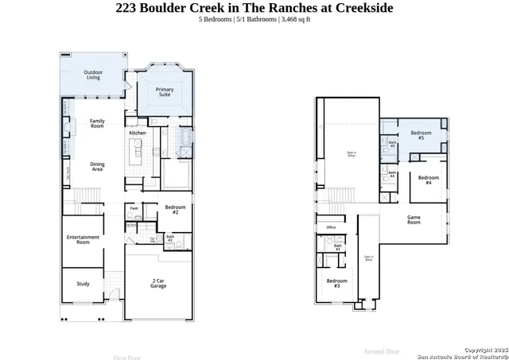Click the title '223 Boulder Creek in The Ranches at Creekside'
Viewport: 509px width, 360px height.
click(x=254, y=8)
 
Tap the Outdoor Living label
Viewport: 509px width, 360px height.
click(x=93, y=75)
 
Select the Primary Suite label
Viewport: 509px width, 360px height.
click(x=165, y=92)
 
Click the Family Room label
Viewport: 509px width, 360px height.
click(x=97, y=123)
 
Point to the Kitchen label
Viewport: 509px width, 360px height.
click(x=138, y=133)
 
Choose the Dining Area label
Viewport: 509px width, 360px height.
click(x=97, y=167)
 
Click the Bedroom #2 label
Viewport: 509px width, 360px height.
click(x=175, y=210)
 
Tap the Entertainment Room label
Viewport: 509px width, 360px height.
click(x=83, y=239)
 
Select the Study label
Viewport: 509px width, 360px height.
click(x=83, y=284)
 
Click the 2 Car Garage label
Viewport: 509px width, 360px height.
click(x=158, y=284)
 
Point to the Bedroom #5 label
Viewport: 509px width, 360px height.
click(x=421, y=135)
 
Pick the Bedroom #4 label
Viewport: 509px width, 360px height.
click(x=429, y=180)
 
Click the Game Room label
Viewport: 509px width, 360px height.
click(x=414, y=219)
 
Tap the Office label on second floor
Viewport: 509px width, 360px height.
click(x=331, y=227)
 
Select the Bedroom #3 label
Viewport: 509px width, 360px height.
click(x=336, y=283)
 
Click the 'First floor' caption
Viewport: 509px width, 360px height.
click(x=128, y=357)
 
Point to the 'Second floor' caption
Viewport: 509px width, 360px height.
click(x=382, y=350)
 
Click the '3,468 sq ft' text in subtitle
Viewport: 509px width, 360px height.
click(x=295, y=19)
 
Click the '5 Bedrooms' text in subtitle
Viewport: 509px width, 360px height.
click(x=216, y=19)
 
